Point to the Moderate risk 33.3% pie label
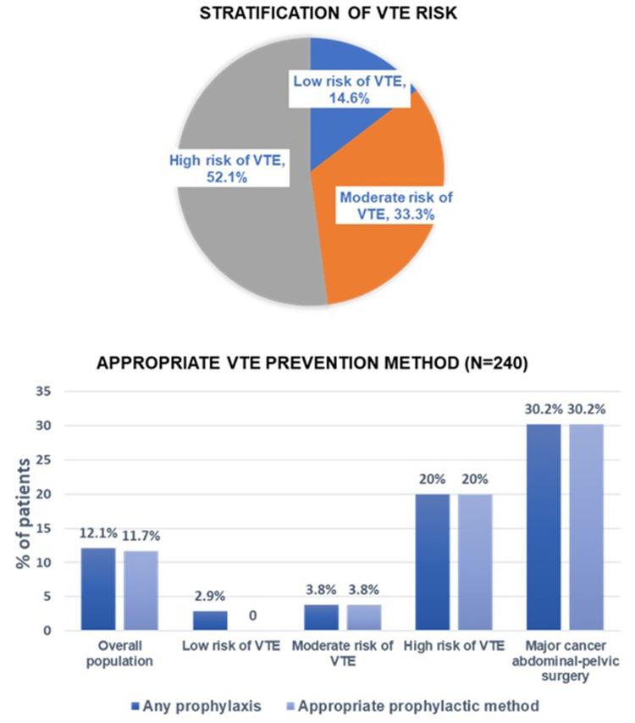click(395, 206)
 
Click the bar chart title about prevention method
click(317, 367)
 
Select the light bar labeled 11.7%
click(141, 591)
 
